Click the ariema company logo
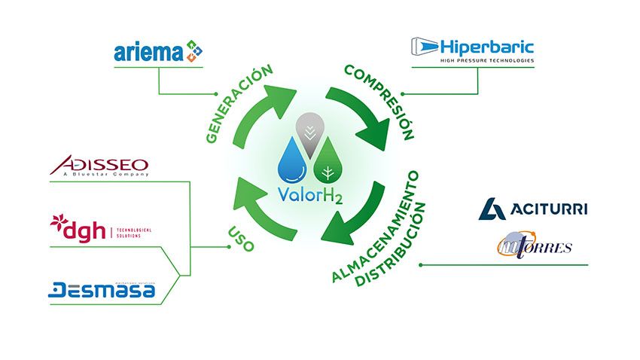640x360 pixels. coord(157,52)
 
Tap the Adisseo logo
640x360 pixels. coord(99,166)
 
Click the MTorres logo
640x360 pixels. coord(535,247)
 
